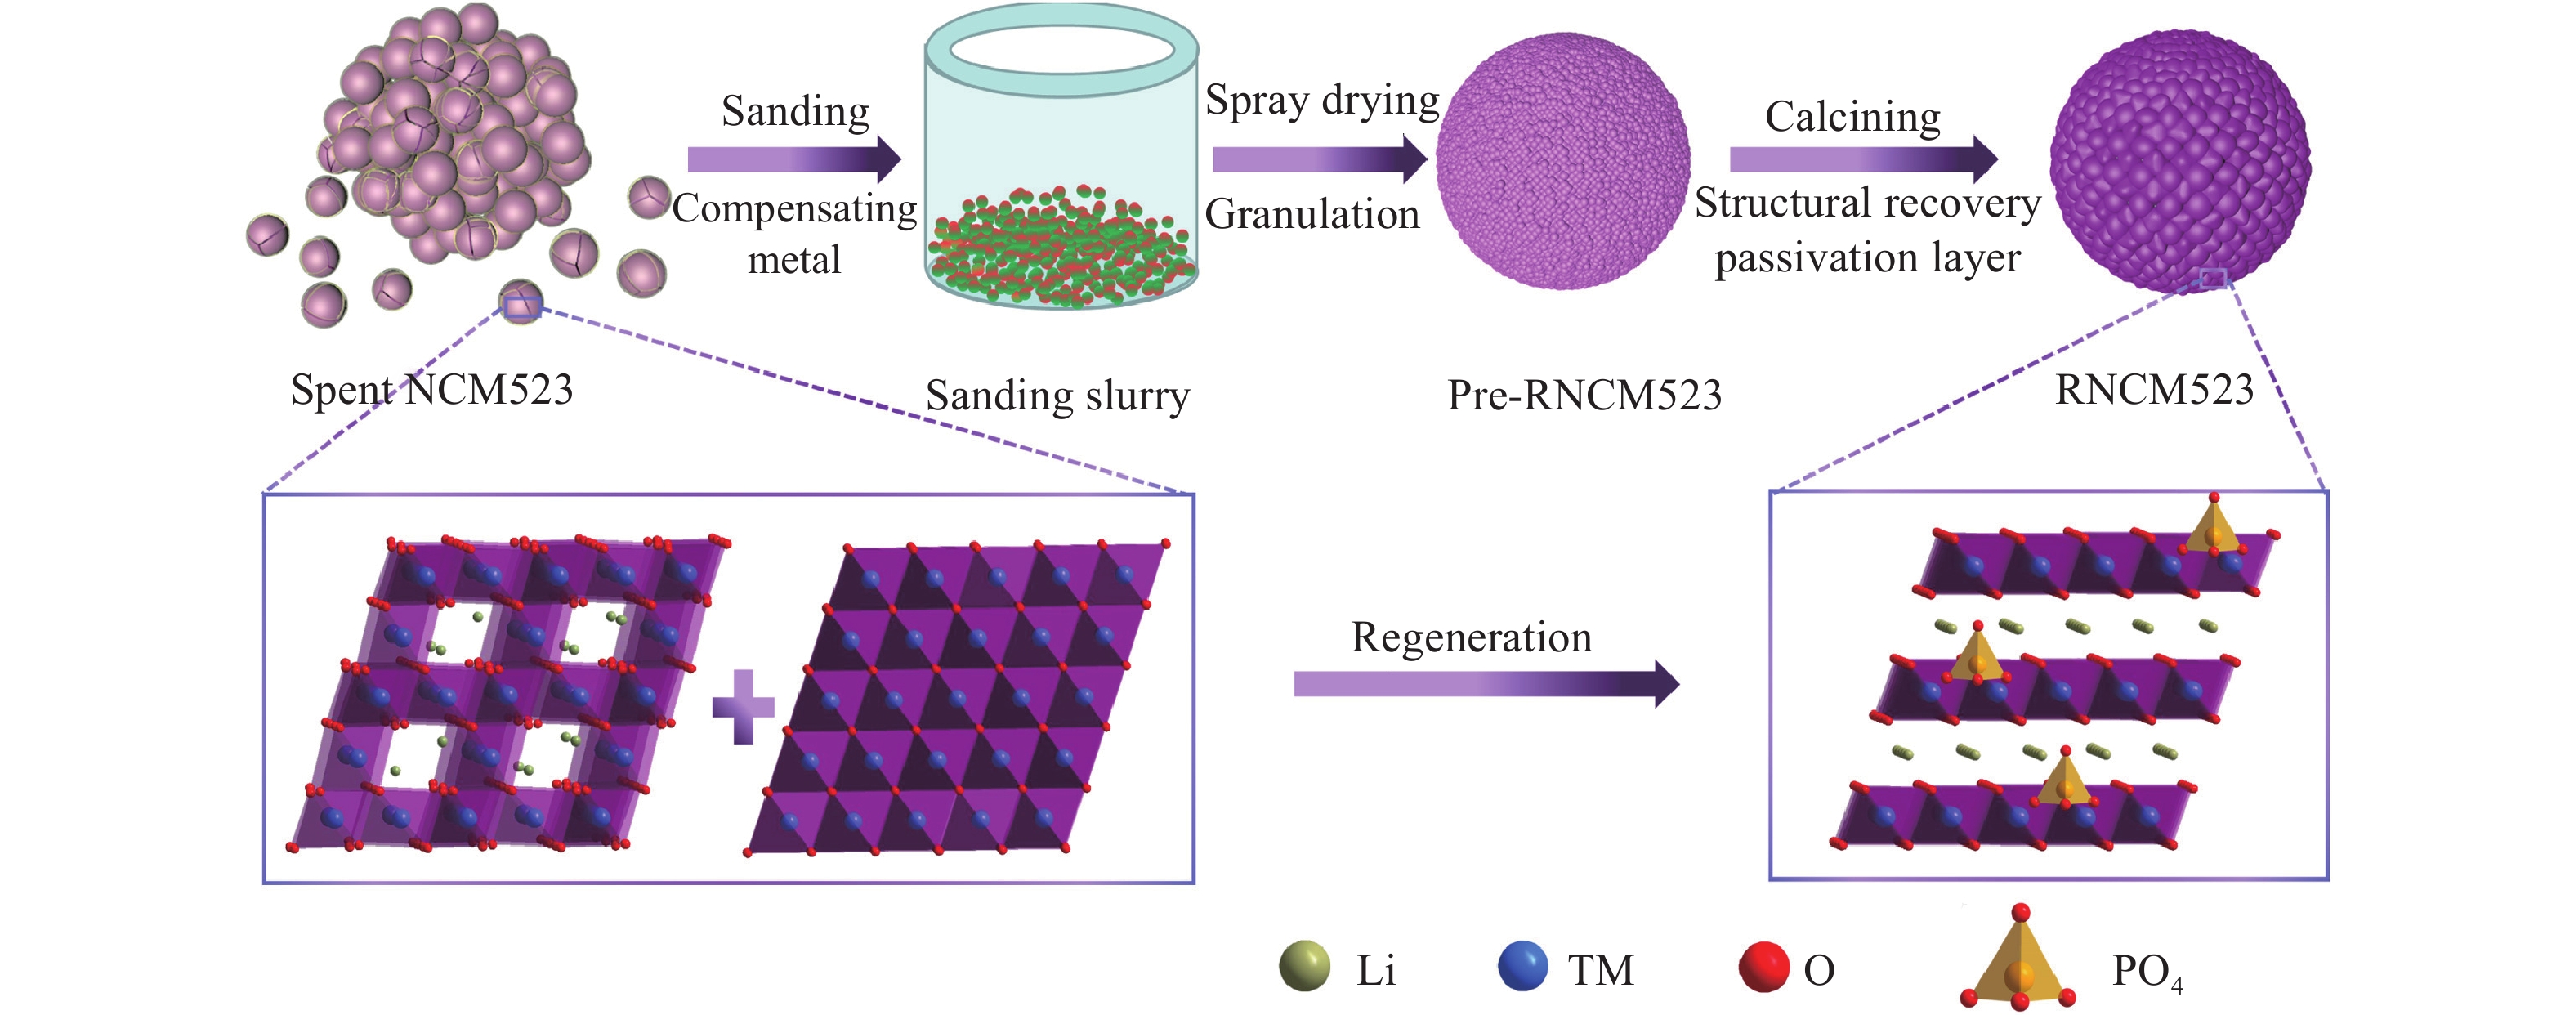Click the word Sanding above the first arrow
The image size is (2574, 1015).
[795, 111]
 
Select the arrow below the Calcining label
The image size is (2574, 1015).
[1862, 159]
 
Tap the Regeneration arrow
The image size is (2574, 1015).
[1486, 683]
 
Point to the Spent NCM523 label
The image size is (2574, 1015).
[431, 390]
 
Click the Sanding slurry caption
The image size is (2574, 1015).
[1057, 396]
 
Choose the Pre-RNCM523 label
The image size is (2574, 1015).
[1584, 396]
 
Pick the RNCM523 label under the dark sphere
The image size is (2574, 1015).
[2154, 390]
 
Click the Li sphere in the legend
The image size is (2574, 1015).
[1305, 966]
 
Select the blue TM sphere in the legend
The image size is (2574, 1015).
[1523, 966]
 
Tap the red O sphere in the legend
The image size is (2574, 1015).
[1763, 966]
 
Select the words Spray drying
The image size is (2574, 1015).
[1321, 101]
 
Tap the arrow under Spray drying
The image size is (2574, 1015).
[1319, 159]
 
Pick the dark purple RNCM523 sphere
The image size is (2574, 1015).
[2179, 160]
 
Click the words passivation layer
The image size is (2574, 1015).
[1866, 257]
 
